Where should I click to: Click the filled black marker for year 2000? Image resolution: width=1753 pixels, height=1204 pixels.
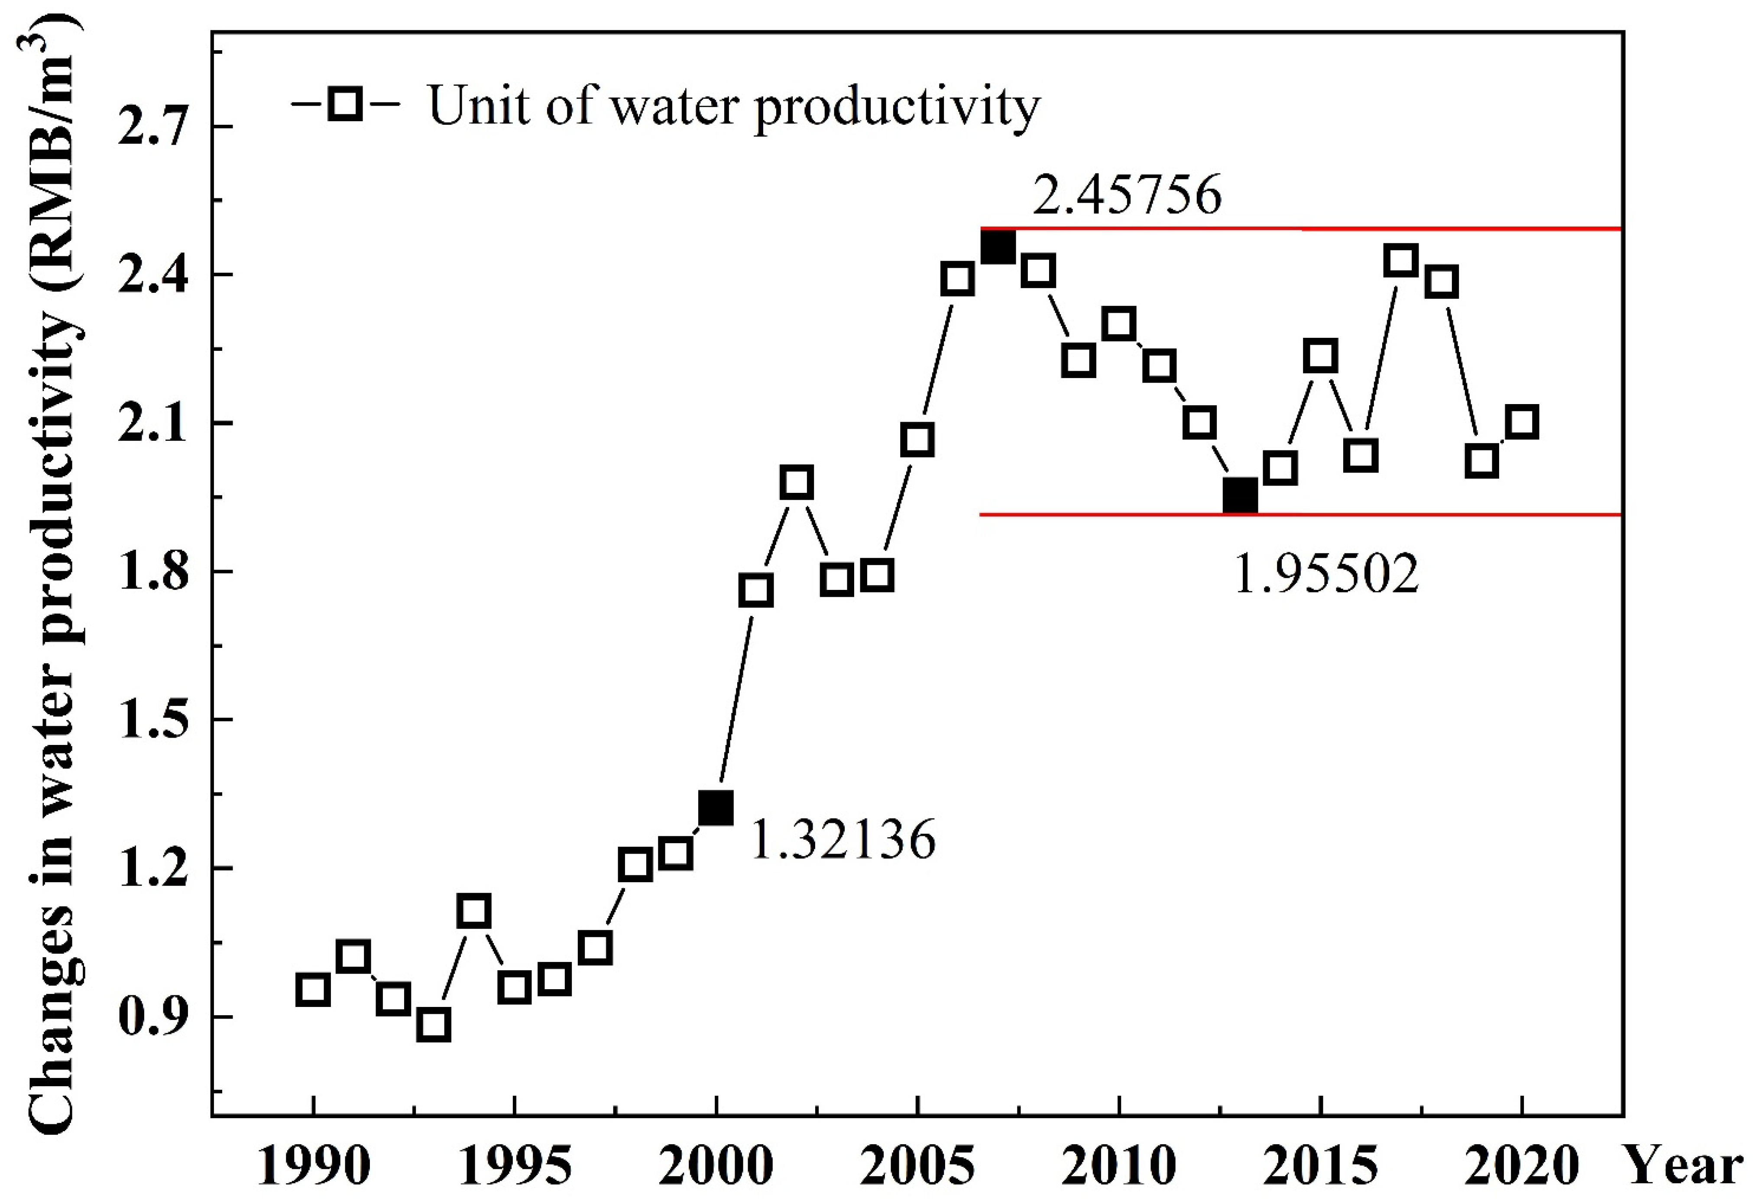point(716,809)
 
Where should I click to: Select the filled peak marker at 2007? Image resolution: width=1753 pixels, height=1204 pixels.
point(998,247)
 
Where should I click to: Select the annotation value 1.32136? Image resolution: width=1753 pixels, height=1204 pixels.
point(842,840)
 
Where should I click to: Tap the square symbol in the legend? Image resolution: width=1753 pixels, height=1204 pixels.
point(346,104)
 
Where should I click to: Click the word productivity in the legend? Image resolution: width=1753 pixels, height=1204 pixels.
point(897,107)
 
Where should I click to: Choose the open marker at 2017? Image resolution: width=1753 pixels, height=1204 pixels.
point(1401,260)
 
